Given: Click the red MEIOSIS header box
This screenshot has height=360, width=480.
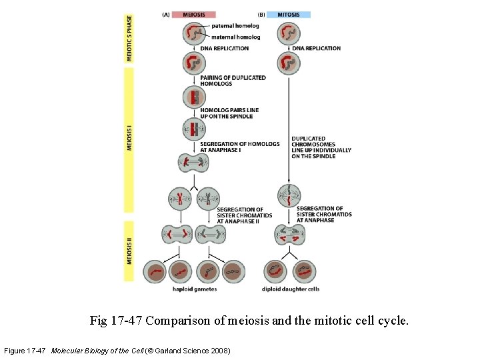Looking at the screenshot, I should pos(193,14).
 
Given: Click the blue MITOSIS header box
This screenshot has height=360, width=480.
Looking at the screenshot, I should pos(289,14).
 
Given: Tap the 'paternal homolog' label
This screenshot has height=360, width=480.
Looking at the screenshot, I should pos(235,26).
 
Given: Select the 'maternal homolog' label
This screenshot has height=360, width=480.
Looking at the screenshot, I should pos(235,37).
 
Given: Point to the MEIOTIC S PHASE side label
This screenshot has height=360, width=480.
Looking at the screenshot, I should pos(129,38).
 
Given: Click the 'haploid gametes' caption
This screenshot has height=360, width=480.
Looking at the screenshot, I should pos(195,289).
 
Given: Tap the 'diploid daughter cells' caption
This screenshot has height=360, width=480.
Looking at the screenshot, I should pos(291,289).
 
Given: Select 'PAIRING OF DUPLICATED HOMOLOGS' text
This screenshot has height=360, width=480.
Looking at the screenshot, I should pos(233,81).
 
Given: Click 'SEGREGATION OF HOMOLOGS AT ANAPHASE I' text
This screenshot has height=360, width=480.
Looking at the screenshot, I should pos(239,147).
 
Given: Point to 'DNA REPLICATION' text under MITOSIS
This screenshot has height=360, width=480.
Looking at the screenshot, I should pos(316,49).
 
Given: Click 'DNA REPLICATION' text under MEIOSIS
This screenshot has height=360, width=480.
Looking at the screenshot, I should pos(224,49).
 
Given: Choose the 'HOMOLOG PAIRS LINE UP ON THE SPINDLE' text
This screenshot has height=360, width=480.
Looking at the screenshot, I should pos(229,113).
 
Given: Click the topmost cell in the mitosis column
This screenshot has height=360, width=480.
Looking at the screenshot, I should pos(289,33).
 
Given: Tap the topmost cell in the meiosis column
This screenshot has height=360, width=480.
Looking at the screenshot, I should pos(194,33).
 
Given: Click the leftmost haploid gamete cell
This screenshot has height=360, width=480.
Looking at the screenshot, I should pos(157,271).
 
